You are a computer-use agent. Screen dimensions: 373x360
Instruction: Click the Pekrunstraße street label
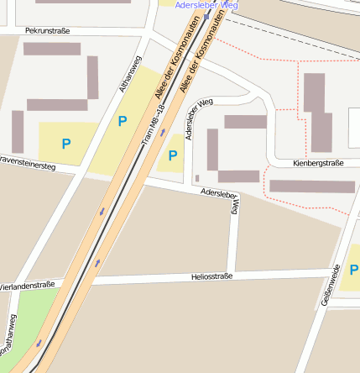pyautogui.click(x=47, y=30)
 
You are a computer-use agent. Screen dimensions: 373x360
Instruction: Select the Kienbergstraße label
pyautogui.click(x=318, y=163)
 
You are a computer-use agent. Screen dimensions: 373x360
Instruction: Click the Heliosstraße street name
pyautogui.click(x=211, y=276)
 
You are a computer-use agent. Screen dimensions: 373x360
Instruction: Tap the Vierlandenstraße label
pyautogui.click(x=27, y=286)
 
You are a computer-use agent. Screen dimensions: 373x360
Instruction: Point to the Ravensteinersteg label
pyautogui.click(x=27, y=162)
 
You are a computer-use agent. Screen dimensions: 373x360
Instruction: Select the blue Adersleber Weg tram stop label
pyautogui.click(x=206, y=5)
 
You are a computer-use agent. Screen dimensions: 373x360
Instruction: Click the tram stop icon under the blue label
pyautogui.click(x=206, y=16)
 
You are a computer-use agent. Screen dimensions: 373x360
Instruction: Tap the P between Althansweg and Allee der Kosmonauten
pyautogui.click(x=123, y=121)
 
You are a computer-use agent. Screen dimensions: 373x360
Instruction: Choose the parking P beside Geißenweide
pyautogui.click(x=354, y=271)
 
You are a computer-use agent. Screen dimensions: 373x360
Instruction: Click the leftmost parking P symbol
pyautogui.click(x=65, y=144)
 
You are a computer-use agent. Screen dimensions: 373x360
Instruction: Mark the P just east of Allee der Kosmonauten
pyautogui.click(x=172, y=155)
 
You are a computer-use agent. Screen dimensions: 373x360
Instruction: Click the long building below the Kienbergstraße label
pyautogui.click(x=311, y=186)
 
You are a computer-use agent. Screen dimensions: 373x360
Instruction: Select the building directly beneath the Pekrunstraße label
pyautogui.click(x=51, y=49)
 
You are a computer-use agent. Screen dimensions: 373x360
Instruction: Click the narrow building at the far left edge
pyautogui.click(x=18, y=131)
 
